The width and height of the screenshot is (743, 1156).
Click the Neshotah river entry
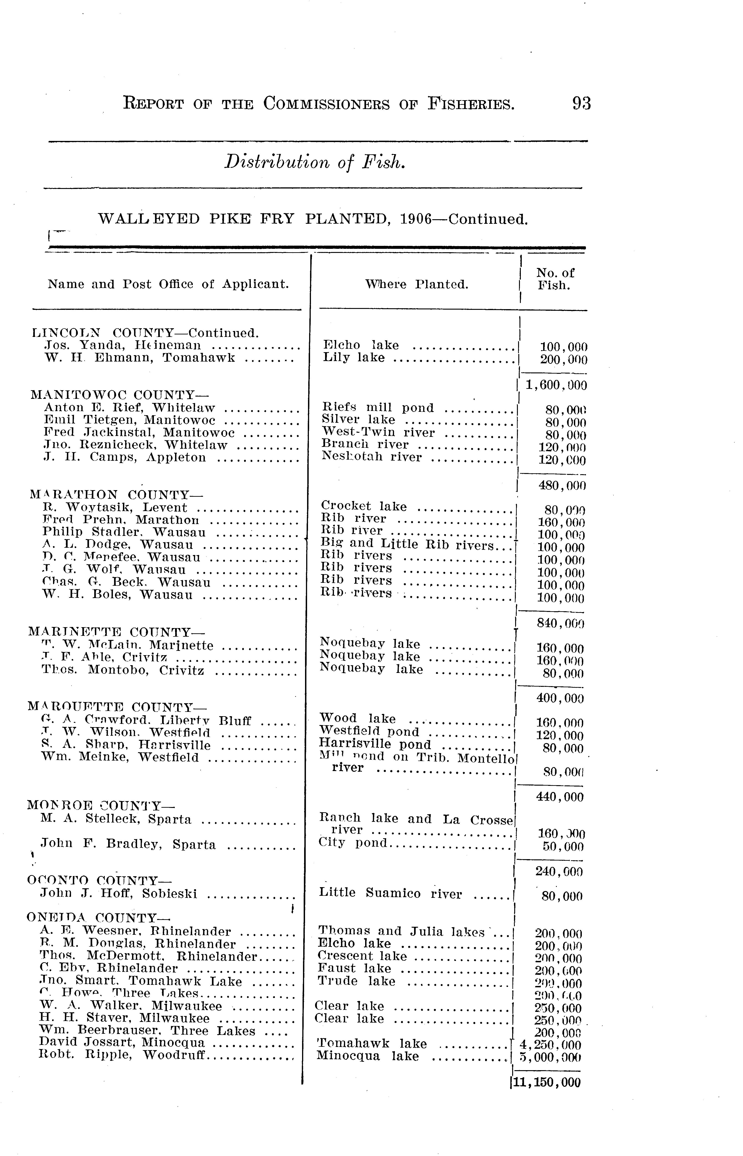[x=371, y=457]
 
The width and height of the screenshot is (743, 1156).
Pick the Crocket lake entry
[x=364, y=506]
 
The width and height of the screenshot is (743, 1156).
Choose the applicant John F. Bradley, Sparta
[x=128, y=844]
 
